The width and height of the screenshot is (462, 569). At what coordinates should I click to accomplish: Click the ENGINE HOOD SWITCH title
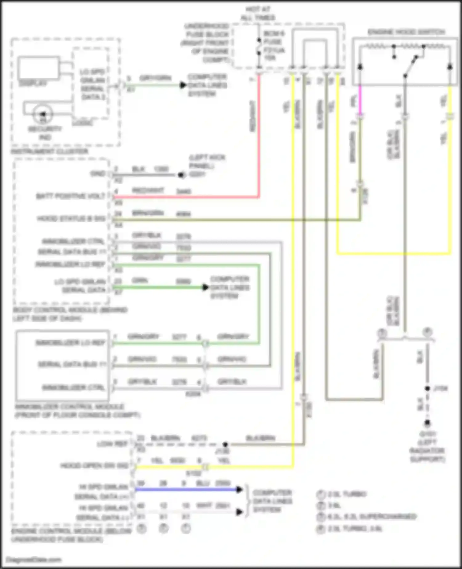[406, 32]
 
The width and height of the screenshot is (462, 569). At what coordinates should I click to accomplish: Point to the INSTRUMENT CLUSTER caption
[50, 151]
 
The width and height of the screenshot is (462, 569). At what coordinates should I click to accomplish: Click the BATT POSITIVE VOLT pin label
[71, 196]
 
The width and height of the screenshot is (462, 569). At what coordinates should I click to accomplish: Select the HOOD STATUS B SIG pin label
[71, 219]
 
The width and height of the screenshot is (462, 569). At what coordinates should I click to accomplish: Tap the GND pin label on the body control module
[98, 174]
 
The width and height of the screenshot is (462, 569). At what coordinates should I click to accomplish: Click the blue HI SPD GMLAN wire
[185, 489]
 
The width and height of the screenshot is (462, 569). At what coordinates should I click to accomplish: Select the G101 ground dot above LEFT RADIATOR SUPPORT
[427, 423]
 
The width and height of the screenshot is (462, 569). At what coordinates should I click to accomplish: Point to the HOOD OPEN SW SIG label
[94, 465]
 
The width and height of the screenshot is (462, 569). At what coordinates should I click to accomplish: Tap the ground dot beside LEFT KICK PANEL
[181, 175]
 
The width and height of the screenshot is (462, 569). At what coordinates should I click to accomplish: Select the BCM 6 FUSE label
[274, 37]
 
